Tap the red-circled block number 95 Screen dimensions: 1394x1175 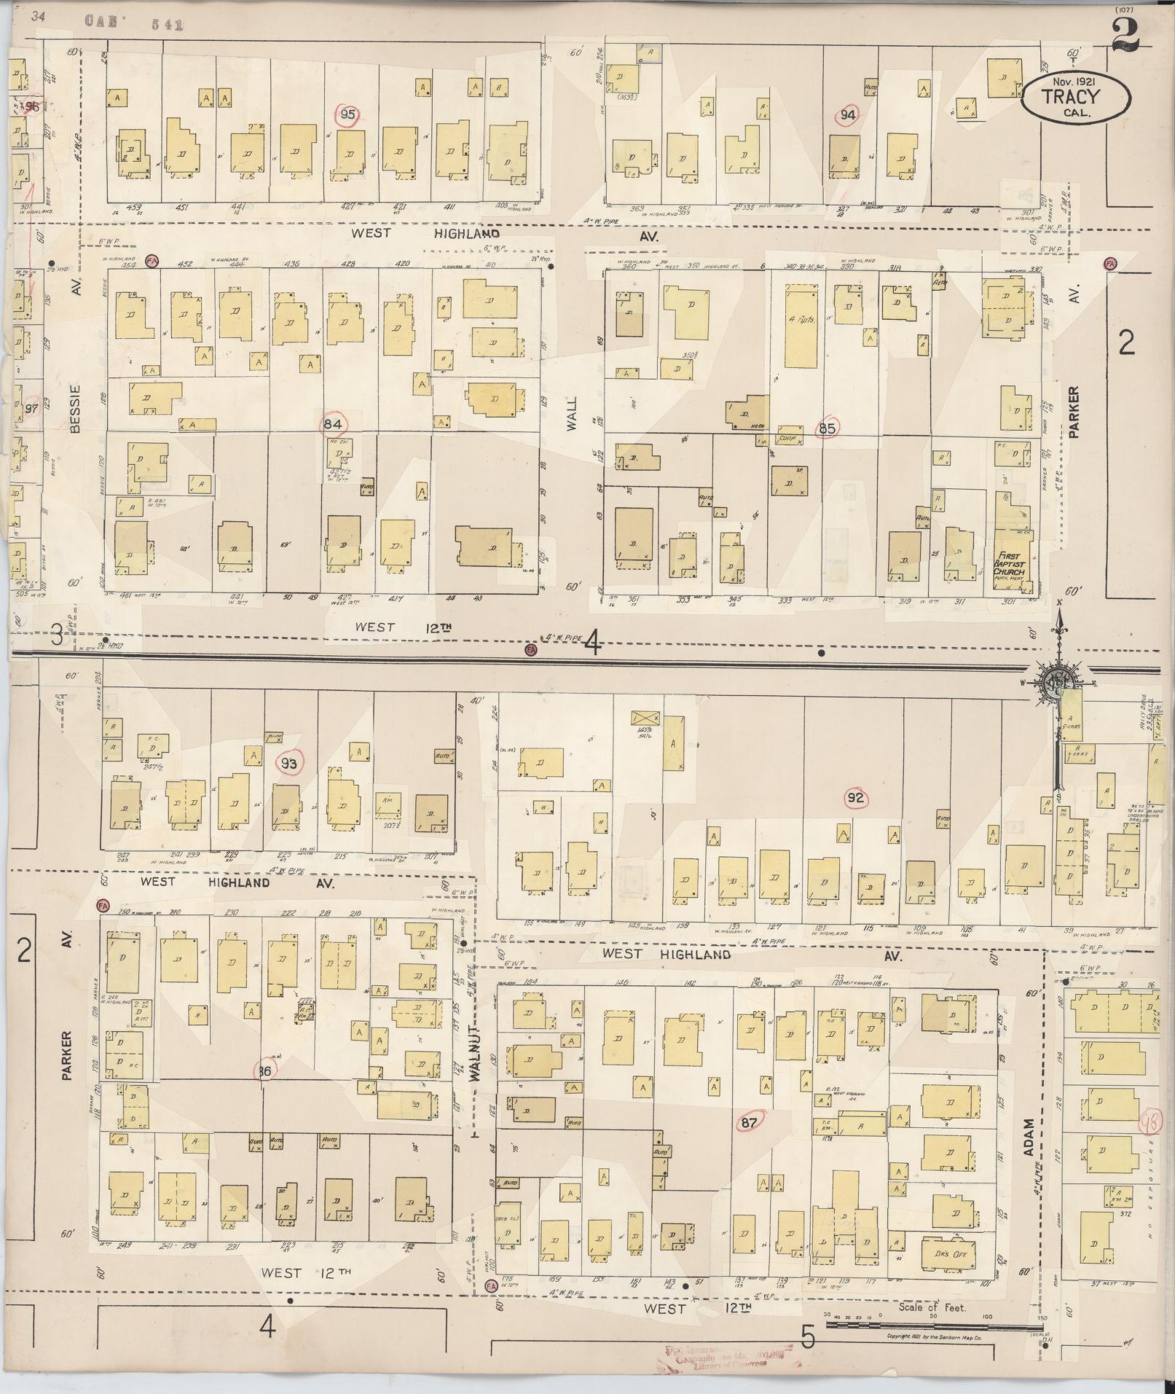(349, 114)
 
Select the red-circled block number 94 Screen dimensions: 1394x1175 (847, 114)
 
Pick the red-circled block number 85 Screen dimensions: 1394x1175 (827, 428)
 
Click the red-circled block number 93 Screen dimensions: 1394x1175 (289, 763)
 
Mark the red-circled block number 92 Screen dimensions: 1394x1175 (856, 799)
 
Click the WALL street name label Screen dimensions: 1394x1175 (572, 413)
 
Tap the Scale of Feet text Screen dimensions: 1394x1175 (932, 1307)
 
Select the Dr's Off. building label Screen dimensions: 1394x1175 (948, 1254)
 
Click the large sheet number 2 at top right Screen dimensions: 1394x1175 (1125, 36)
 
